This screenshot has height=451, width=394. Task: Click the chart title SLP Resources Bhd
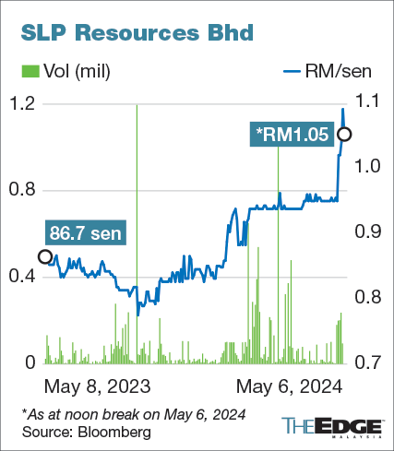pos(133,33)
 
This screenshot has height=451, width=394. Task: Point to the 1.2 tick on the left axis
pos(22,103)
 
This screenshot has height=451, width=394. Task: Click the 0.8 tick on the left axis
pos(22,190)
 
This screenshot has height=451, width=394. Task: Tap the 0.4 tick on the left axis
pos(22,277)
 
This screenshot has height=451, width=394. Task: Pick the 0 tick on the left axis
pos(30,362)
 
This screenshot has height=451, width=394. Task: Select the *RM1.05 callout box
pos(293,135)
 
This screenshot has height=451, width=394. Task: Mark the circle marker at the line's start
pos(44,256)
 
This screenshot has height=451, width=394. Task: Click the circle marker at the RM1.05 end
pos(344,135)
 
